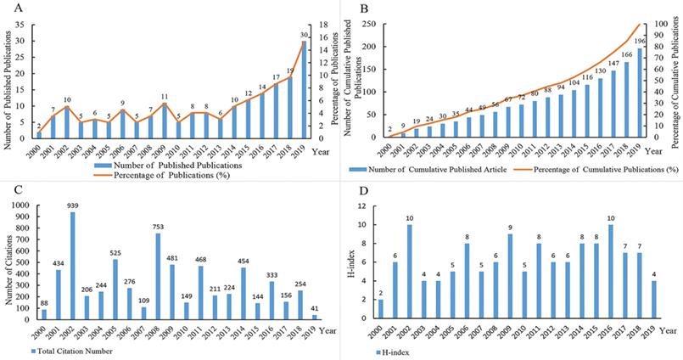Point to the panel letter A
point(7,8)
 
